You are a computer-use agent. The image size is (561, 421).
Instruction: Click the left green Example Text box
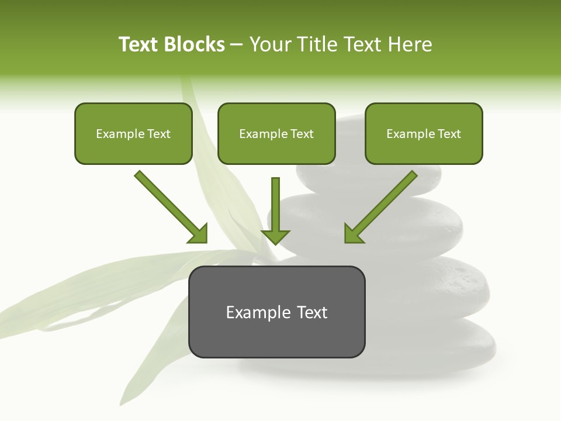click(x=133, y=133)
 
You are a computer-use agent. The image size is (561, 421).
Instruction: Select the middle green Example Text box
click(x=276, y=133)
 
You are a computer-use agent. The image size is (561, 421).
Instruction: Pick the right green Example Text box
click(x=424, y=133)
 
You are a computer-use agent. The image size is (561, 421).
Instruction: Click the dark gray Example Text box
click(x=277, y=312)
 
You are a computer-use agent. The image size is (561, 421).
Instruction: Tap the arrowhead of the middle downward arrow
click(x=275, y=236)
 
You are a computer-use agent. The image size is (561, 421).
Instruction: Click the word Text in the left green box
click(x=159, y=134)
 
